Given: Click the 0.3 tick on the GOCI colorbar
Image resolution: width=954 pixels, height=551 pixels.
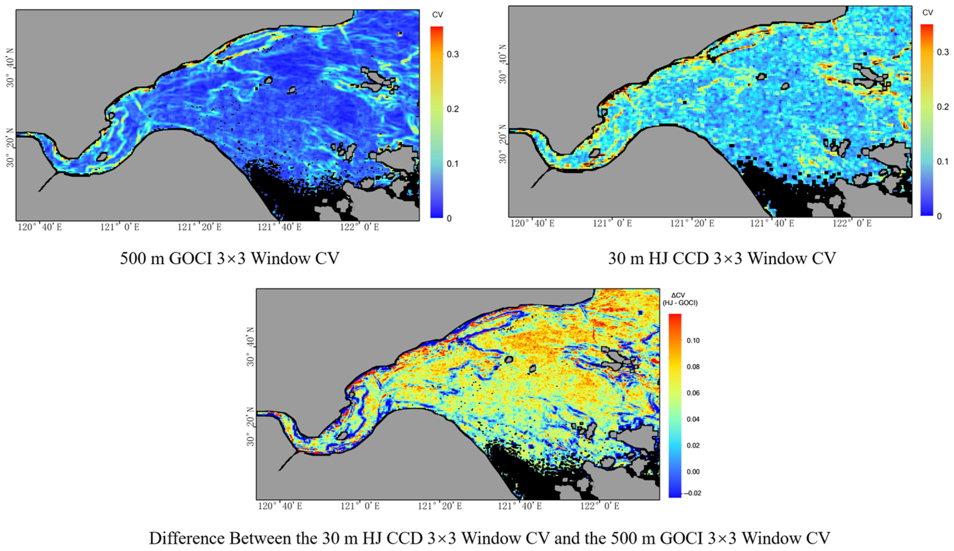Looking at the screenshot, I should point(453,54).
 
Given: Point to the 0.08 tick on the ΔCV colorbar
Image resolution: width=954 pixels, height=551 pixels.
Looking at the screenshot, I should point(693,367).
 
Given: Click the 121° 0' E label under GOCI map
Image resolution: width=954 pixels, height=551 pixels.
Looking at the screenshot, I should point(120,227).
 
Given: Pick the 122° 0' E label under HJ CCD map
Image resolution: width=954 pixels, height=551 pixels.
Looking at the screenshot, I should point(852,224).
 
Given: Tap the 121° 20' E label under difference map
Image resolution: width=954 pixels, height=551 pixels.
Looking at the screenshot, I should point(440,506).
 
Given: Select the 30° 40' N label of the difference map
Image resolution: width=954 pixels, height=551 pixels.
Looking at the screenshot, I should point(251,350).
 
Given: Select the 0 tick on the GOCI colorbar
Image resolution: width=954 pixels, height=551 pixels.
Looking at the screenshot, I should point(449,218).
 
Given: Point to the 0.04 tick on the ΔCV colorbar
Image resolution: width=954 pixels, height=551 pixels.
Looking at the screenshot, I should point(693,419).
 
